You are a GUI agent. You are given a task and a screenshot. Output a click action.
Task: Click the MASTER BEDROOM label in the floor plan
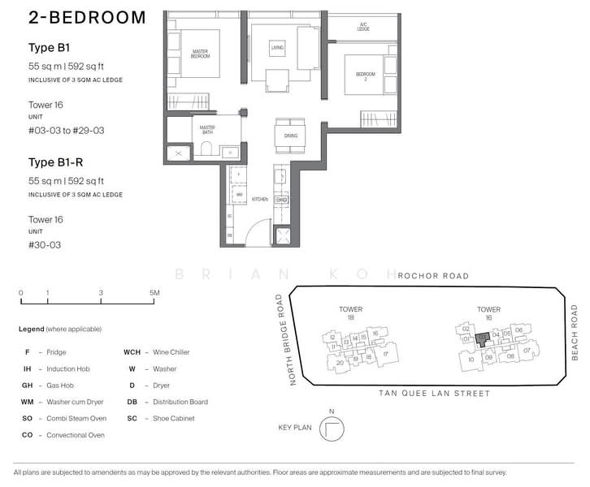(200, 54)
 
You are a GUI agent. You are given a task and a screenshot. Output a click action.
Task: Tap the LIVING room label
(277, 49)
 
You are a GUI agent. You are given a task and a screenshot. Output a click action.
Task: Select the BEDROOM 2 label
(366, 77)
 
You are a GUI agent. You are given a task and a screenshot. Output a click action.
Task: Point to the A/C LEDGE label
(363, 27)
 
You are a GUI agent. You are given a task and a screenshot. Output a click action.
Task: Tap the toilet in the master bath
(206, 149)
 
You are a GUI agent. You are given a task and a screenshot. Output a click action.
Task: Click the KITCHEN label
(259, 199)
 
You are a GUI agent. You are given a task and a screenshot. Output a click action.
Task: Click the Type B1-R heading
(52, 162)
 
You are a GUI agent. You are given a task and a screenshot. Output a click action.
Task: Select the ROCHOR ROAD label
(433, 276)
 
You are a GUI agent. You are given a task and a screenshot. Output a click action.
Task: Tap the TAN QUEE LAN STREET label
(435, 394)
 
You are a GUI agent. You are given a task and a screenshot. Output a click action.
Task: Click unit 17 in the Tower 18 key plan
(385, 353)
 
